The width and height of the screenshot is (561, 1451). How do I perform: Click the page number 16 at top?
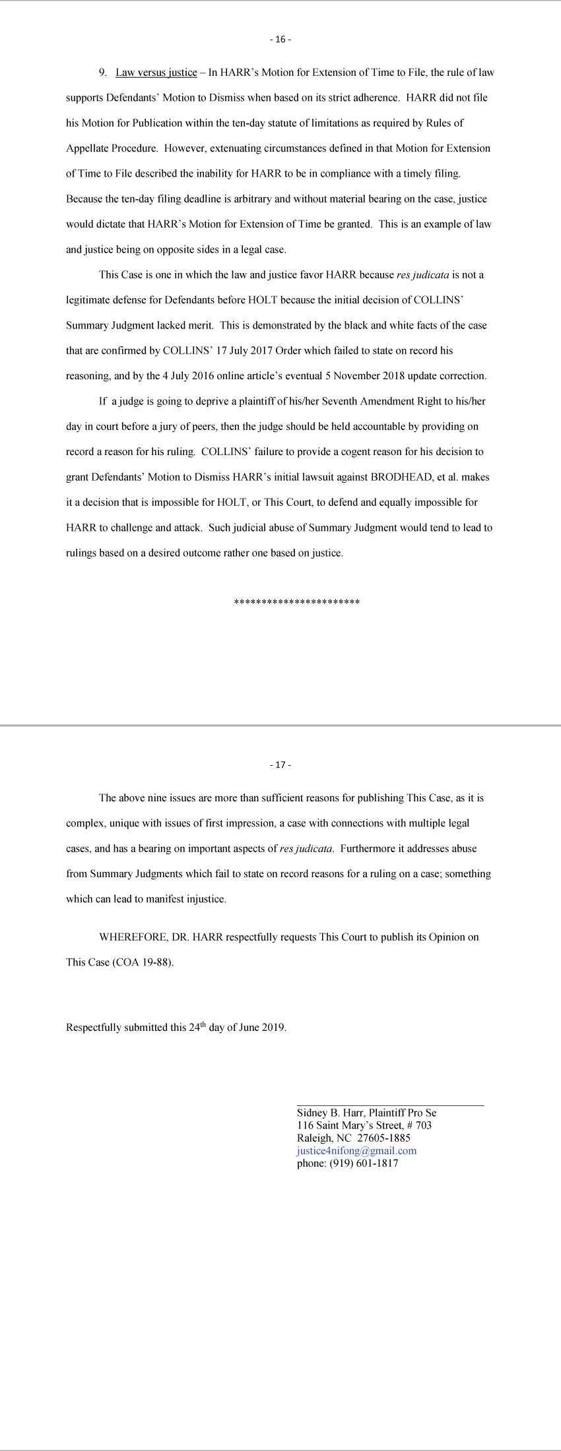click(x=280, y=40)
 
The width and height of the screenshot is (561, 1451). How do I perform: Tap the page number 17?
click(x=280, y=765)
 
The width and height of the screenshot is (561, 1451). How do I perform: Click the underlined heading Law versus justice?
click(x=156, y=73)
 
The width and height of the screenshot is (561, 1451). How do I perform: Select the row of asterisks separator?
click(x=296, y=602)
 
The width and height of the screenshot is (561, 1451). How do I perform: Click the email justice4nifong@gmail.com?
click(x=356, y=1151)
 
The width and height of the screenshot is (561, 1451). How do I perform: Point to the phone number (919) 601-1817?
click(x=362, y=1163)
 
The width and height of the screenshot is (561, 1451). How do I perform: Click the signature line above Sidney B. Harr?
click(x=390, y=1105)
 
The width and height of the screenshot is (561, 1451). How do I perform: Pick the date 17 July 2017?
click(x=247, y=351)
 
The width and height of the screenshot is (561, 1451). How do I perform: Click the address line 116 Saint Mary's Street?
click(x=364, y=1126)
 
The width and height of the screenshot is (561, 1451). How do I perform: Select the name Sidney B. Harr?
click(x=329, y=1113)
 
